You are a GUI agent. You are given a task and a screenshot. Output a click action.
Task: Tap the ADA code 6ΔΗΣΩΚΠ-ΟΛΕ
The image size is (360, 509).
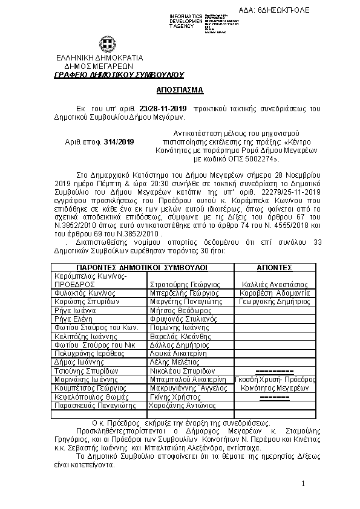321,11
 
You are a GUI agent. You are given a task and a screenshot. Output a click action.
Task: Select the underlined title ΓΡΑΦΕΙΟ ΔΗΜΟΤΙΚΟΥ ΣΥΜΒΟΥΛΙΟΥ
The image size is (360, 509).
119,74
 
